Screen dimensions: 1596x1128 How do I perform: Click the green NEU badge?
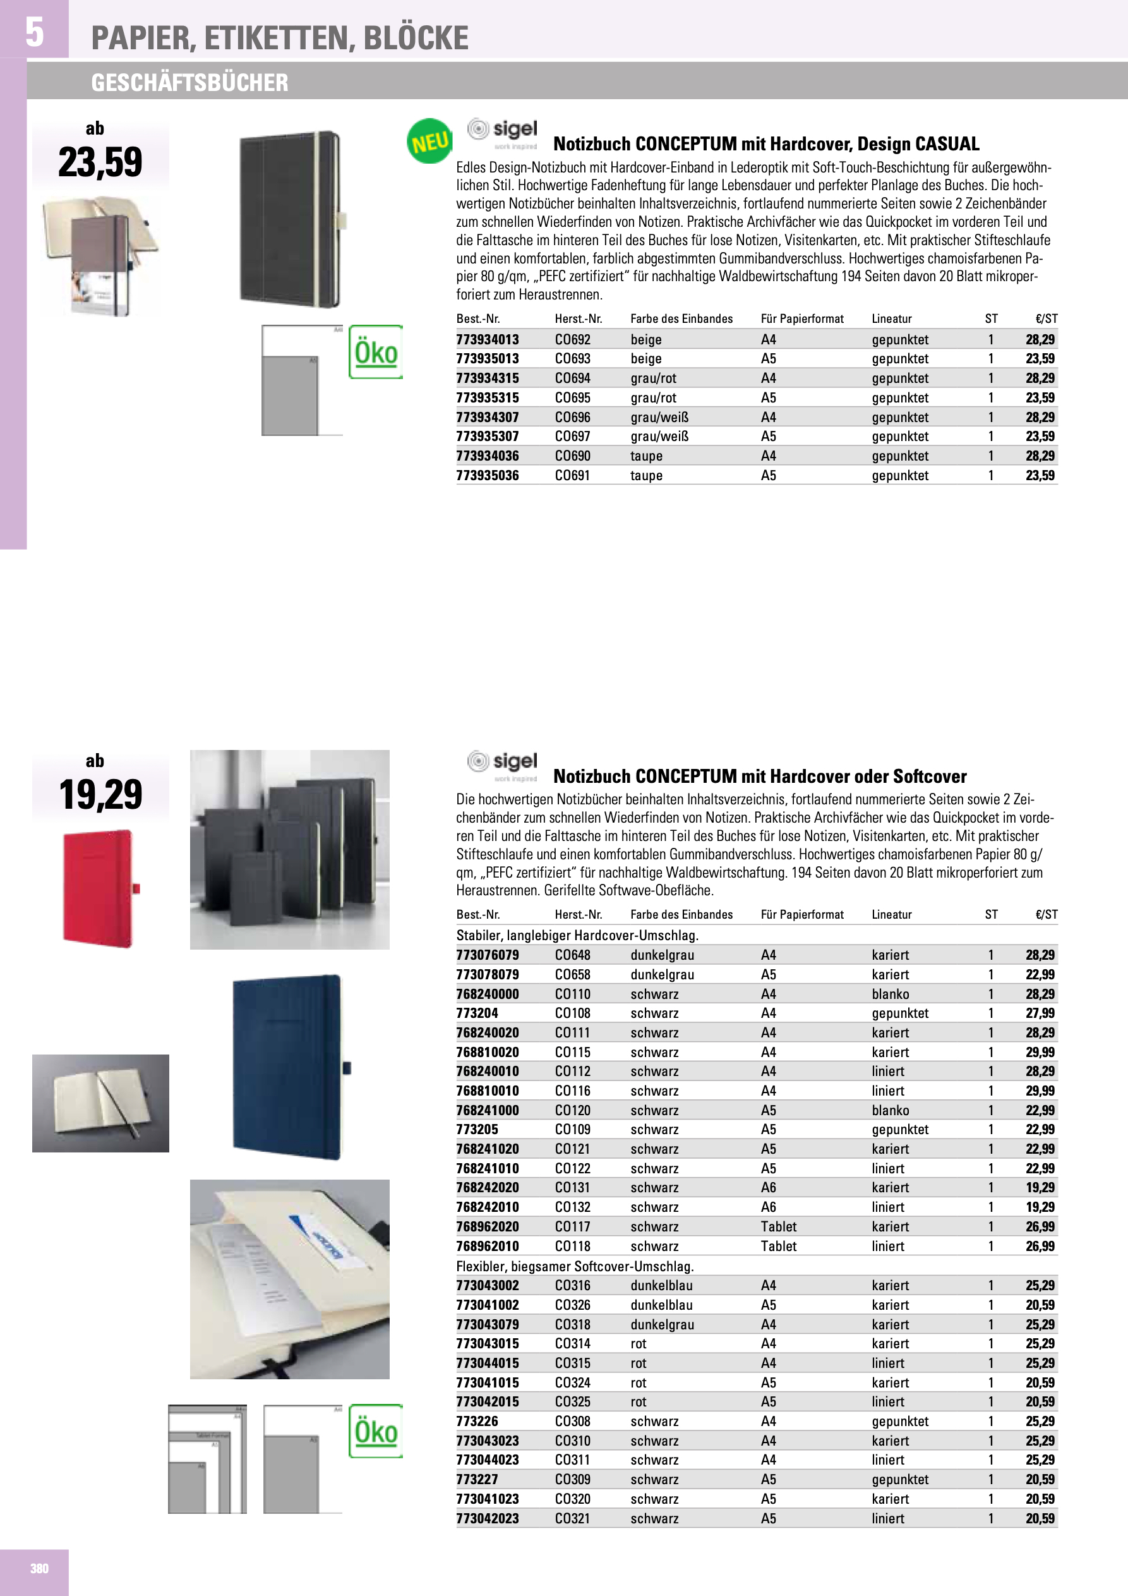[429, 141]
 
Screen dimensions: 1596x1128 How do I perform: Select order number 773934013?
[487, 339]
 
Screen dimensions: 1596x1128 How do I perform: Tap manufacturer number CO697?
[572, 437]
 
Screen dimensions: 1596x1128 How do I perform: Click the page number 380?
[39, 1568]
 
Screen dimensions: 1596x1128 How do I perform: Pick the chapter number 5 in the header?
[34, 32]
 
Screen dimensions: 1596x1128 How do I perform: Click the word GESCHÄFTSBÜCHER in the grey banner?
[189, 83]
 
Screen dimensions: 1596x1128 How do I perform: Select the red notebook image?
[100, 889]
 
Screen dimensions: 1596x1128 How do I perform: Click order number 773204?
[477, 1013]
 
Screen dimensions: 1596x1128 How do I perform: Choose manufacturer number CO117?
[572, 1227]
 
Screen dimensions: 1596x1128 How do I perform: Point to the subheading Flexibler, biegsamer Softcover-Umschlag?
[575, 1266]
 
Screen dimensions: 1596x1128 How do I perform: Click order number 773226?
[477, 1422]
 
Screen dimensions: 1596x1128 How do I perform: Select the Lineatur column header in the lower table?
[891, 915]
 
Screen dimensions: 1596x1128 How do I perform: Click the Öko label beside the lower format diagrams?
[375, 1431]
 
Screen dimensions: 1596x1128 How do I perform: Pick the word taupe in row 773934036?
[645, 456]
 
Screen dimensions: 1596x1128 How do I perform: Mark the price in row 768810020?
[1040, 1053]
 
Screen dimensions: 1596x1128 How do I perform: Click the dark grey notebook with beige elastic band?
[291, 219]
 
